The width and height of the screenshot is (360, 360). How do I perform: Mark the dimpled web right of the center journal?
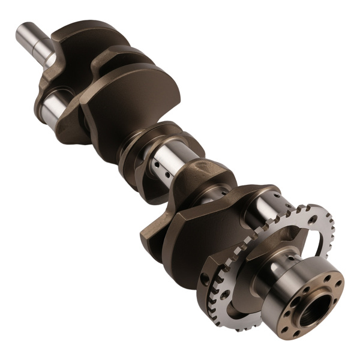pyautogui.click(x=207, y=174)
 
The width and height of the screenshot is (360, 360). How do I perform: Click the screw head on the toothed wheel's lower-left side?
pyautogui.click(x=225, y=295)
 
